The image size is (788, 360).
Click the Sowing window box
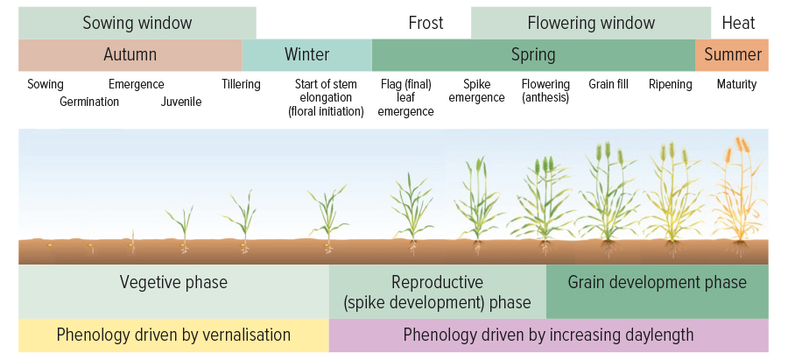point(137,23)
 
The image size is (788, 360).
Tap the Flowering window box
point(591,23)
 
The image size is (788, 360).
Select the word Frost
point(426,23)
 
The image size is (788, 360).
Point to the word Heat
point(738,23)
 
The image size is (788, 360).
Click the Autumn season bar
point(130,55)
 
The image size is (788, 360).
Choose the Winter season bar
point(307,55)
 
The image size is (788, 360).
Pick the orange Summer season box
point(732,55)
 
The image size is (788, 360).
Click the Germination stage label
point(89,102)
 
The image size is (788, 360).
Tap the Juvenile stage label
point(181,102)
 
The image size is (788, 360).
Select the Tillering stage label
point(242,84)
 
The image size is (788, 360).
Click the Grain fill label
point(609,84)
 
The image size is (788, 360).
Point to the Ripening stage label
point(670,84)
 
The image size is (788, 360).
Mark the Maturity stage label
point(736,84)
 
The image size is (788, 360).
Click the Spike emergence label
point(476,91)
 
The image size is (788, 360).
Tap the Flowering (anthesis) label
point(545,91)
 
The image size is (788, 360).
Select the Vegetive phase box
point(174,292)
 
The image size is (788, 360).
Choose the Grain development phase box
point(658,292)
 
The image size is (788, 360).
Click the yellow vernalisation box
point(174,335)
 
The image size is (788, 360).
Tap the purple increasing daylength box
point(549,335)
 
